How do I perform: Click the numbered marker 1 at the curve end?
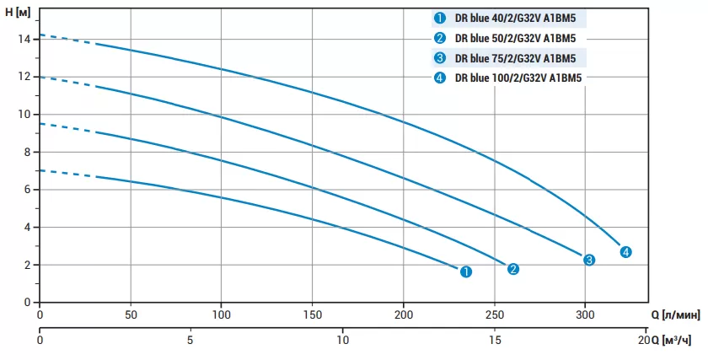pyautogui.click(x=466, y=271)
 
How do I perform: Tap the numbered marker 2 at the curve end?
pyautogui.click(x=513, y=269)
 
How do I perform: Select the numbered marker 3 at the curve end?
pyautogui.click(x=589, y=260)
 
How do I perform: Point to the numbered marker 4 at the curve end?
pyautogui.click(x=625, y=252)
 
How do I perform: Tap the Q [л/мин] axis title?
pyautogui.click(x=675, y=314)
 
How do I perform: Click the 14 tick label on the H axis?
pyautogui.click(x=24, y=39)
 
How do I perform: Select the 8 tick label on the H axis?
pyautogui.click(x=27, y=152)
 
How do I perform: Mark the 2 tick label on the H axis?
pyautogui.click(x=27, y=265)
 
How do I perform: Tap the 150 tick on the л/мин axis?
pyautogui.click(x=313, y=314)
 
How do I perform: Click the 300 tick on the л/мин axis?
pyautogui.click(x=585, y=314)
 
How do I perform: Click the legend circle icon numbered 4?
pyautogui.click(x=440, y=79)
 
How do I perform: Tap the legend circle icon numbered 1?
pyautogui.click(x=440, y=18)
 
